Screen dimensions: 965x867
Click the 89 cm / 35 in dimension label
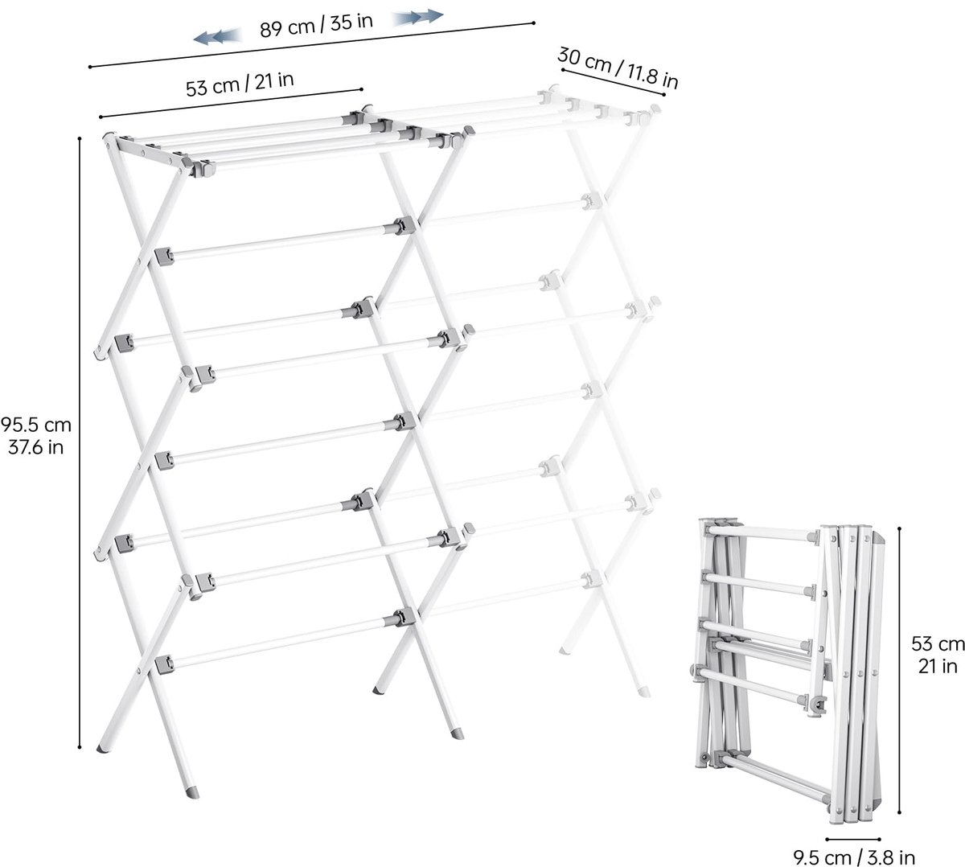tap(316, 25)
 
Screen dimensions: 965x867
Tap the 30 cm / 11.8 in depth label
tap(618, 68)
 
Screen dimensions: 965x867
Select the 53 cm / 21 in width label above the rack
tap(239, 84)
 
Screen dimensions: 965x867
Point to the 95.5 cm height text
tap(35, 425)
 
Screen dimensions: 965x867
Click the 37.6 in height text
tap(35, 448)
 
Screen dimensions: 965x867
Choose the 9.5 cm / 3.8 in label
tap(854, 857)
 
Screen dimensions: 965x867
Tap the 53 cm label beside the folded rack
tap(938, 643)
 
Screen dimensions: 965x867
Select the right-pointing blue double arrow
tap(417, 17)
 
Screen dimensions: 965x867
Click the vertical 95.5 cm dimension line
tap(80, 442)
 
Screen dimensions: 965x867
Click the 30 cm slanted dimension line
tap(613, 82)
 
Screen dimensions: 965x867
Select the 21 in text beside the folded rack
tap(938, 666)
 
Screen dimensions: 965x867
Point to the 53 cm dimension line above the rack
tap(231, 103)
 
